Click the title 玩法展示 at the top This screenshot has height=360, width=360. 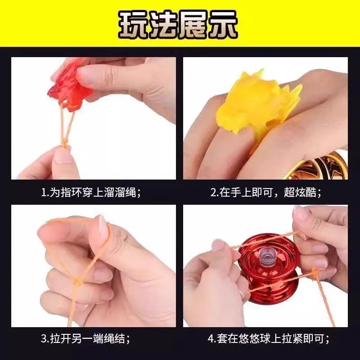coord(178,24)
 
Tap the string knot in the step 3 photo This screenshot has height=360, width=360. coord(78,282)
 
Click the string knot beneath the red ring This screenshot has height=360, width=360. coord(65,143)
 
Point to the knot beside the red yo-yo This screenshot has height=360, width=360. coord(314,274)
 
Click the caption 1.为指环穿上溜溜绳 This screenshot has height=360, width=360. coord(91,193)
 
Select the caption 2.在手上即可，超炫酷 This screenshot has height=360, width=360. coord(265,193)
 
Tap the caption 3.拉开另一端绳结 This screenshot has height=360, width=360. coord(85,339)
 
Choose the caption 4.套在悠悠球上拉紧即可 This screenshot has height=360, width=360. coord(269,339)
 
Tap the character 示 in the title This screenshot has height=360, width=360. coord(223,24)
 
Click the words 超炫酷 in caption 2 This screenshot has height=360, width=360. coord(300,193)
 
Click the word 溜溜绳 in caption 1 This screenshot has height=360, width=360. coord(120,193)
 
